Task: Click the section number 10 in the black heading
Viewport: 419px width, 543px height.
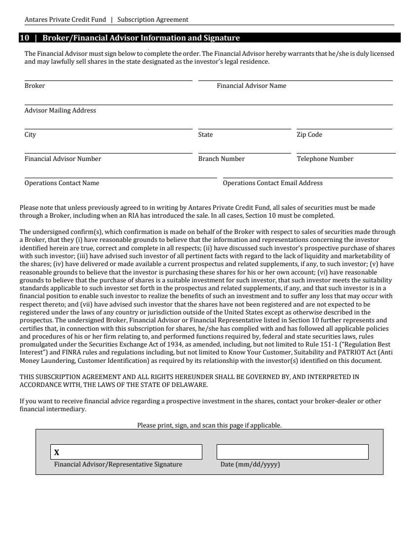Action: (x=24, y=38)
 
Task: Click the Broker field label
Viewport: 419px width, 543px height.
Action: (x=35, y=86)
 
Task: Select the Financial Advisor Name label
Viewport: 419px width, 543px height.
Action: (x=251, y=86)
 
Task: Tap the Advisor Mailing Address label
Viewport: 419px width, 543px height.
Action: (x=60, y=111)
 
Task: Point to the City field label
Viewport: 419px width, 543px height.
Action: (x=30, y=135)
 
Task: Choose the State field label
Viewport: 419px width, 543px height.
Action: (x=205, y=135)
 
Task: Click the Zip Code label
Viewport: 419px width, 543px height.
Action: (x=309, y=135)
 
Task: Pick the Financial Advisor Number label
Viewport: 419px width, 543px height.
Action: (x=63, y=159)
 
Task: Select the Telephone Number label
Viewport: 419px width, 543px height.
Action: (x=325, y=159)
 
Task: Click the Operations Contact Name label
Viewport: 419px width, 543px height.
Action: (x=62, y=183)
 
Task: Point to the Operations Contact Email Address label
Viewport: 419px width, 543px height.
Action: (x=272, y=183)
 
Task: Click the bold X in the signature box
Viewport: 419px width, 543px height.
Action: (x=57, y=452)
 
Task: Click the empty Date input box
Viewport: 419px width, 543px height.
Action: (x=292, y=452)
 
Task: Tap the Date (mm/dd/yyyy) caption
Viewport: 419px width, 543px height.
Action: (x=250, y=465)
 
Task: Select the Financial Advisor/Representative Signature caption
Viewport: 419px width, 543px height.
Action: (x=118, y=465)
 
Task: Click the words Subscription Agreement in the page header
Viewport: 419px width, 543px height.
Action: (x=153, y=20)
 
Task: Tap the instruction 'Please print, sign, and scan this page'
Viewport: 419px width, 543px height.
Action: (x=209, y=425)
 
